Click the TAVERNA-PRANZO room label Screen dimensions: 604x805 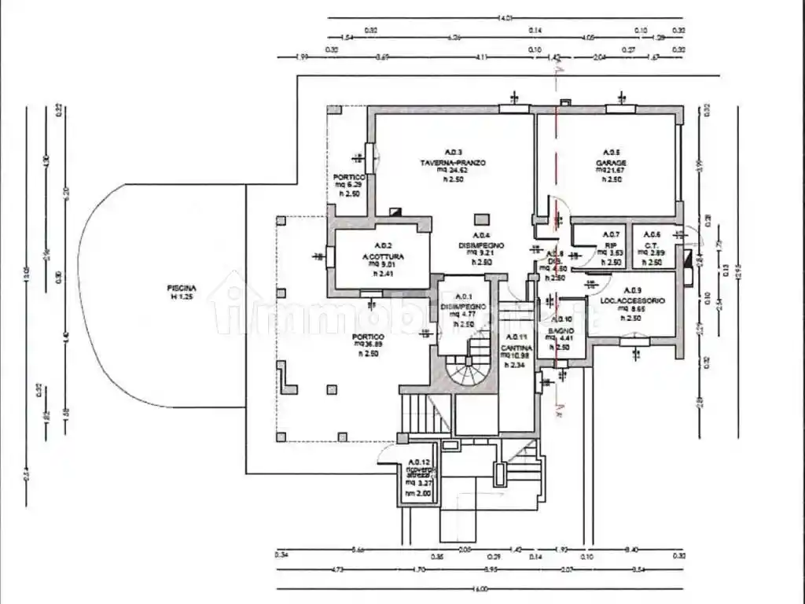tap(453, 163)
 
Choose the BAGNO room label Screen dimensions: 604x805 tap(561, 330)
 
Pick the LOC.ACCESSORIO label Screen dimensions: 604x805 tap(633, 301)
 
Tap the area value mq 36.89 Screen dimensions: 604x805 tap(369, 344)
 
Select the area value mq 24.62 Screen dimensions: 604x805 tap(454, 171)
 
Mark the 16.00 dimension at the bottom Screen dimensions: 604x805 tap(480, 588)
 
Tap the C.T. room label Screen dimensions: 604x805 tap(651, 244)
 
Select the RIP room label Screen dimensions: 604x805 tap(611, 244)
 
